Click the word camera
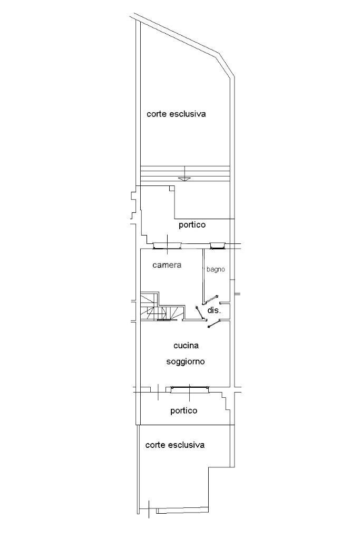[167, 265]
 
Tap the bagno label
[216, 269]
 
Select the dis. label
[213, 311]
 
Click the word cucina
[186, 346]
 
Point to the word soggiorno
[185, 362]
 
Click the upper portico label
[192, 225]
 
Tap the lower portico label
[184, 410]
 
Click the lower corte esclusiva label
[174, 445]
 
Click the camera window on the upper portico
[167, 244]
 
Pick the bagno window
[217, 245]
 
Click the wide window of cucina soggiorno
[189, 389]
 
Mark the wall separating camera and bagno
[204, 274]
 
